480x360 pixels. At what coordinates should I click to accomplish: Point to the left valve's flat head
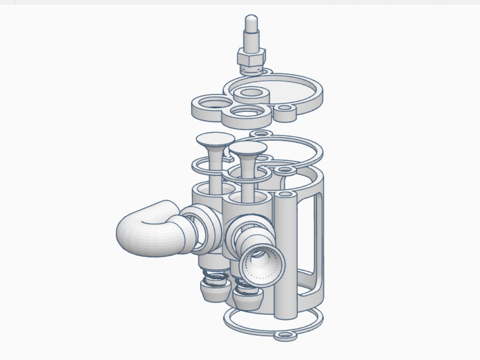click(x=215, y=139)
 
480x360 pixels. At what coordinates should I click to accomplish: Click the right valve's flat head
click(x=248, y=147)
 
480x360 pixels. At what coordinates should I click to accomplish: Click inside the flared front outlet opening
click(x=259, y=266)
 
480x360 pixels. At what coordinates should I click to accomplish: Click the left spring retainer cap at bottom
click(x=215, y=291)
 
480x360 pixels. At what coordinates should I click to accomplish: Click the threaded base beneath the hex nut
click(x=251, y=69)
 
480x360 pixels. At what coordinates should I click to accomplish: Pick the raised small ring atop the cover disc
click(x=251, y=94)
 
